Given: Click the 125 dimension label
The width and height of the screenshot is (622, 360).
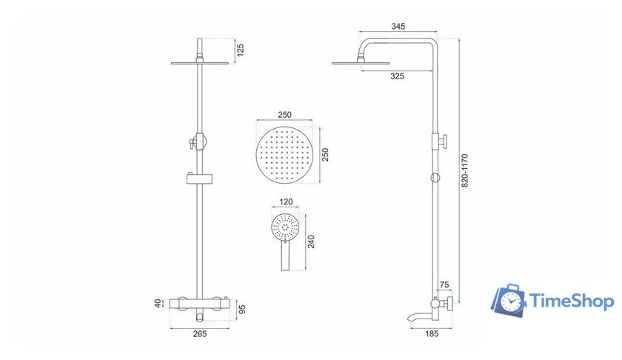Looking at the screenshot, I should click(241, 50).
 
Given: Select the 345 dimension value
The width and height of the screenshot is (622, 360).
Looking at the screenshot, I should click(398, 27).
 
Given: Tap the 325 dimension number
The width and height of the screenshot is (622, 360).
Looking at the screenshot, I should click(397, 76).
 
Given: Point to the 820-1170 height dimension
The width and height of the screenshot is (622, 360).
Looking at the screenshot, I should click(466, 172).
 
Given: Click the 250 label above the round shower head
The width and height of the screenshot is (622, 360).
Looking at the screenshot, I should click(285, 116).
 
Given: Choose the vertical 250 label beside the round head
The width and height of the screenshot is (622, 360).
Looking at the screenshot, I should click(325, 155).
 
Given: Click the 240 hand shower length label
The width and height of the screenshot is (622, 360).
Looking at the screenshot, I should click(310, 241).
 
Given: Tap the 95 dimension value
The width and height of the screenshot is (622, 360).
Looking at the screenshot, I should click(241, 307).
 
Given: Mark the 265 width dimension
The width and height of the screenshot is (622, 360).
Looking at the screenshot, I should click(199, 334).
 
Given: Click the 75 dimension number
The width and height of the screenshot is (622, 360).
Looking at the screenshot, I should click(444, 284).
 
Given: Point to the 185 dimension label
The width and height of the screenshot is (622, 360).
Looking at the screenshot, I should click(432, 334).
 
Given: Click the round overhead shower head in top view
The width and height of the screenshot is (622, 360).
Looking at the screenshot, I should click(285, 155).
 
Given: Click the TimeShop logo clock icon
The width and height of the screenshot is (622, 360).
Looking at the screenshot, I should click(509, 301).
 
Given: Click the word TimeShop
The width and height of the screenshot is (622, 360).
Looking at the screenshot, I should click(570, 301).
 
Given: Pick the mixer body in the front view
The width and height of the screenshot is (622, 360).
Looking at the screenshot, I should click(199, 303).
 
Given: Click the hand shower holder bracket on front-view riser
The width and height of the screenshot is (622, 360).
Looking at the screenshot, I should click(198, 178).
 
